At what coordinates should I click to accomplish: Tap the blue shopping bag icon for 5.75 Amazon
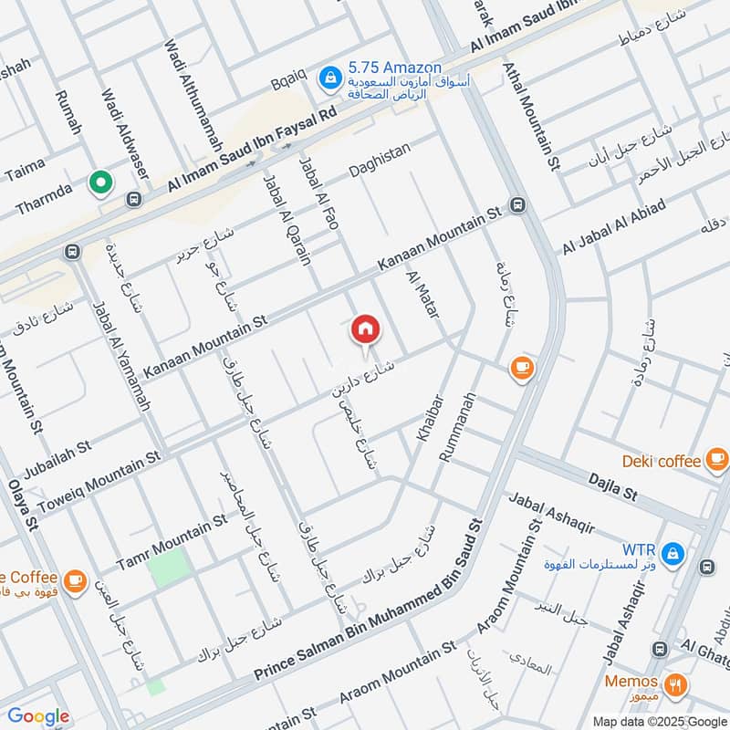(x=326, y=79)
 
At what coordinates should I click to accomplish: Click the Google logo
(x=38, y=716)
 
